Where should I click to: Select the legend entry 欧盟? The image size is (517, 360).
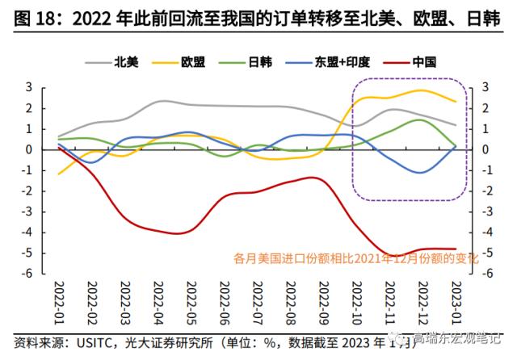(x=194, y=61)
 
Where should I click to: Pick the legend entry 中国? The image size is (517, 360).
(x=423, y=61)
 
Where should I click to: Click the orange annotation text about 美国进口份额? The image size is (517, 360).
(x=356, y=259)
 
